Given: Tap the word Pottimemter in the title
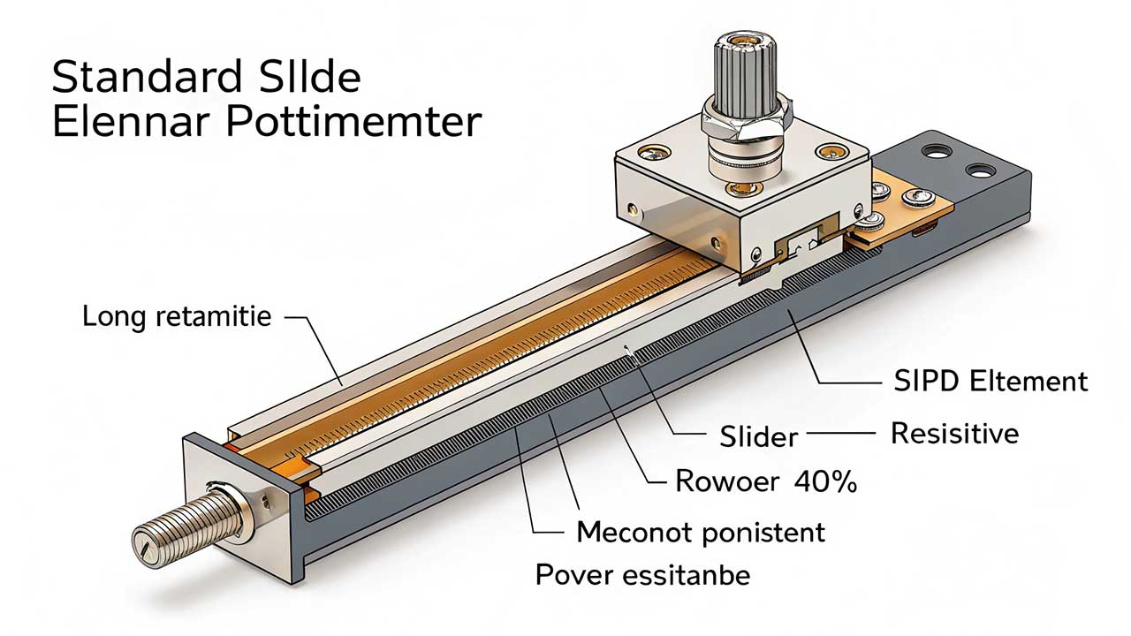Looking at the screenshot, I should pyautogui.click(x=353, y=123).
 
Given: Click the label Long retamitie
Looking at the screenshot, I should pyautogui.click(x=176, y=316).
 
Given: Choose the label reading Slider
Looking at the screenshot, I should pyautogui.click(x=758, y=435).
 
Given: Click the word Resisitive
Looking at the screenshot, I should pyautogui.click(x=954, y=434).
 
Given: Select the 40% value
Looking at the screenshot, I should pyautogui.click(x=825, y=481).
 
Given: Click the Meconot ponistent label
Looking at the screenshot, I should pyautogui.click(x=700, y=532).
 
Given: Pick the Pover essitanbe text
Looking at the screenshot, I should pyautogui.click(x=642, y=576).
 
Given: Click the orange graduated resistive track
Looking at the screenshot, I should pyautogui.click(x=495, y=353).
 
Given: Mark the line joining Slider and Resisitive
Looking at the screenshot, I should pyautogui.click(x=839, y=435).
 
